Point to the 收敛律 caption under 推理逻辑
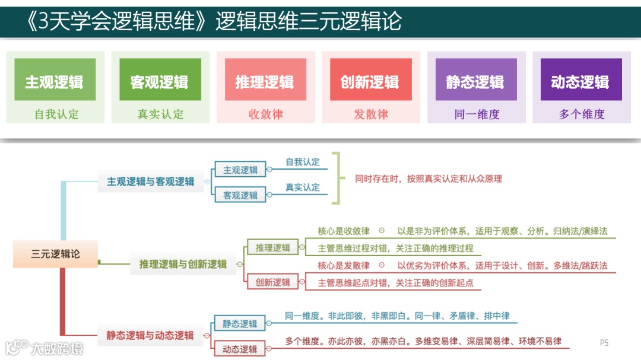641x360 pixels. [265, 114]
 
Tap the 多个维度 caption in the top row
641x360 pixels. [581, 114]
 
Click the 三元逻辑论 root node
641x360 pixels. [55, 254]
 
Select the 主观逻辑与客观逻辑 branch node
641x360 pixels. [151, 181]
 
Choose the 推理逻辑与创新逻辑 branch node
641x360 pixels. [183, 264]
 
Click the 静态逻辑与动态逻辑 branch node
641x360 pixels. [150, 336]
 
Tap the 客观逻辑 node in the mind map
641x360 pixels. [240, 195]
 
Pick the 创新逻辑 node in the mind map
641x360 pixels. [273, 282]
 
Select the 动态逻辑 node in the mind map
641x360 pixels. [240, 349]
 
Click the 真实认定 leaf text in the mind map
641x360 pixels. [303, 187]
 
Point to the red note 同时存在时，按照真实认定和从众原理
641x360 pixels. [429, 178]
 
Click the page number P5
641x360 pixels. [604, 342]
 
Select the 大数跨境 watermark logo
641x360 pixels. [45, 347]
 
